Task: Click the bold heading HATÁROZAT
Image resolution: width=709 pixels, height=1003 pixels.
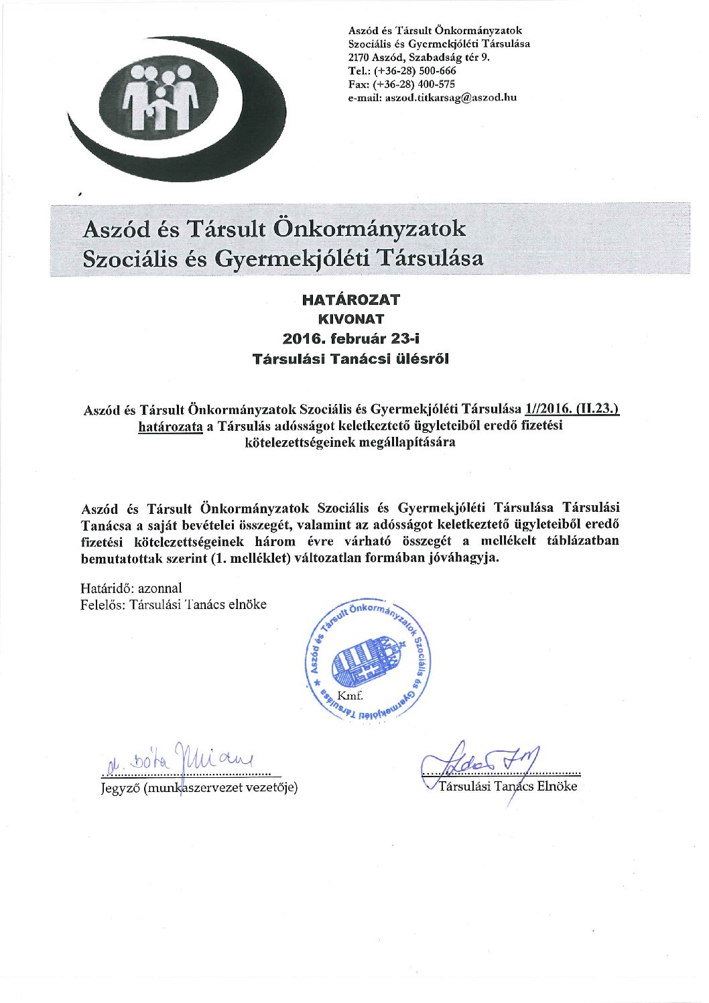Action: [350, 299]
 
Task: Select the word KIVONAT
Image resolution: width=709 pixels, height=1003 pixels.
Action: [350, 319]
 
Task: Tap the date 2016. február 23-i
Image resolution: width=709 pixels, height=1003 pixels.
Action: [350, 338]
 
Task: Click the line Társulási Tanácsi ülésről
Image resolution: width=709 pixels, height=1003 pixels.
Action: [350, 358]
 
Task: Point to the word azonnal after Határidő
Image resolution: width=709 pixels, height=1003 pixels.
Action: [159, 588]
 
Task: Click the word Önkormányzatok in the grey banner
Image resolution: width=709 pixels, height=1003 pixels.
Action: [370, 230]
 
